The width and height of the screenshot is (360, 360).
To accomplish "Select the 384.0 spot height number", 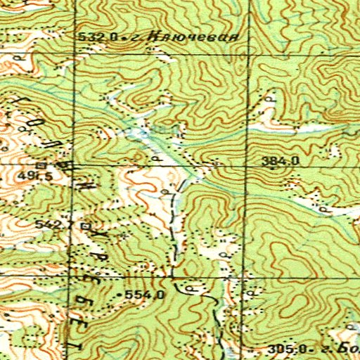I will [x=281, y=161].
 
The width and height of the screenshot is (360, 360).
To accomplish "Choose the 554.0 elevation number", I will [x=145, y=294].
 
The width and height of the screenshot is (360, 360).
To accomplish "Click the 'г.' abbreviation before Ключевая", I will [x=131, y=37].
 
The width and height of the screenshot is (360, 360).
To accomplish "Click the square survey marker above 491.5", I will [x=41, y=165].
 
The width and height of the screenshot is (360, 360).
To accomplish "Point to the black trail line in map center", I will [x=174, y=232].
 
